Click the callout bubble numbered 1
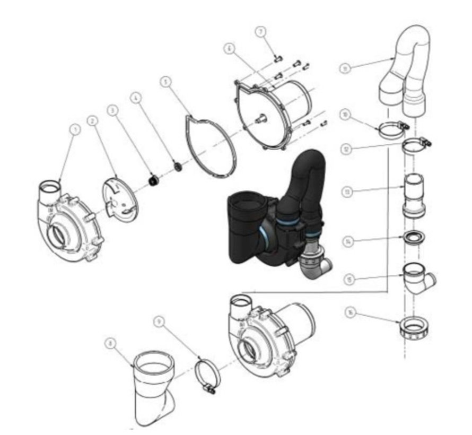(75, 128)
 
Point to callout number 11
(346, 68)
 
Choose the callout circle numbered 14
(347, 242)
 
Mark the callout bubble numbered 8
(110, 343)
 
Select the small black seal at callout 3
(154, 181)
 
